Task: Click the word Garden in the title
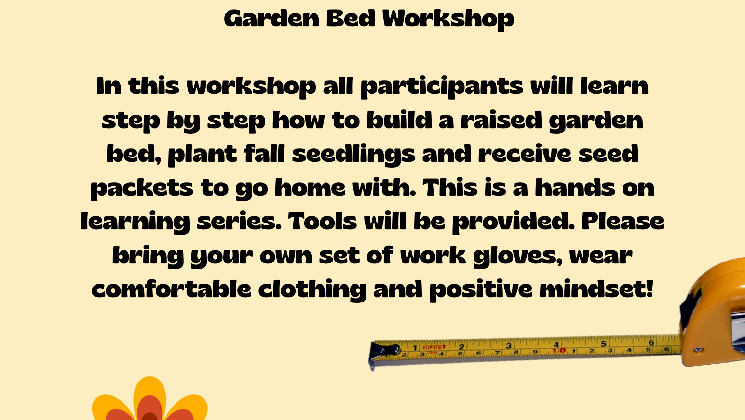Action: pyautogui.click(x=271, y=19)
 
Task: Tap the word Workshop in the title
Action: pyautogui.click(x=448, y=19)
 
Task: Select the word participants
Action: pyautogui.click(x=442, y=87)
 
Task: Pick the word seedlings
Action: pyautogui.click(x=353, y=155)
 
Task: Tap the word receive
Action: pyautogui.click(x=525, y=154)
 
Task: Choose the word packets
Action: pyautogui.click(x=142, y=189)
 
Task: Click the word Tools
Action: pyautogui.click(x=322, y=221)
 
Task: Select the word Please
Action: pyautogui.click(x=623, y=221)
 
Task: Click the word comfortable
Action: pyautogui.click(x=171, y=289)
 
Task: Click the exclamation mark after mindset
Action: pyautogui.click(x=650, y=289)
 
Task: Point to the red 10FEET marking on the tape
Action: pyautogui.click(x=434, y=347)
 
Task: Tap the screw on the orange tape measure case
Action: pyautogui.click(x=698, y=350)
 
